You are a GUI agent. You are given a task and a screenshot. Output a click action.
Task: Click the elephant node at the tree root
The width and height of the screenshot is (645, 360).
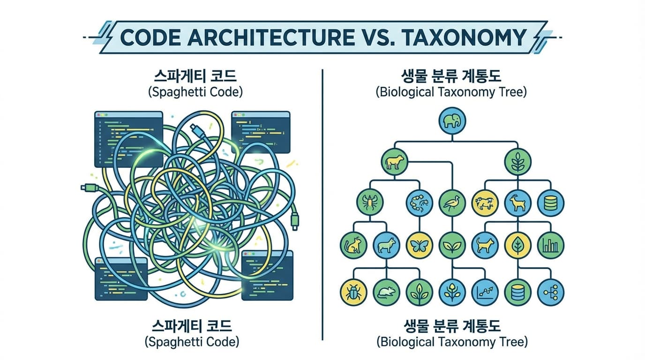point(452,121)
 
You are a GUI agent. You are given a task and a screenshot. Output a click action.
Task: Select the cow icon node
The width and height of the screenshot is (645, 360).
point(394,162)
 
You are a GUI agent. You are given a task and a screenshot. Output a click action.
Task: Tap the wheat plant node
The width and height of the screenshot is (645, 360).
point(518,162)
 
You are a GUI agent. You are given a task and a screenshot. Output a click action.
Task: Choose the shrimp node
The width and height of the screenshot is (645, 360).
point(419,203)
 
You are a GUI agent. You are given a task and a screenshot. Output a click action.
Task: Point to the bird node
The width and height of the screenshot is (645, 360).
point(452,203)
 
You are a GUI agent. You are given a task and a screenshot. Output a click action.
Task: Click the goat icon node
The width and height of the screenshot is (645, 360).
point(518,203)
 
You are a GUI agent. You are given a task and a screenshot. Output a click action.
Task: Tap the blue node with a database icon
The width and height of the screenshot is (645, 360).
point(551,203)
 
